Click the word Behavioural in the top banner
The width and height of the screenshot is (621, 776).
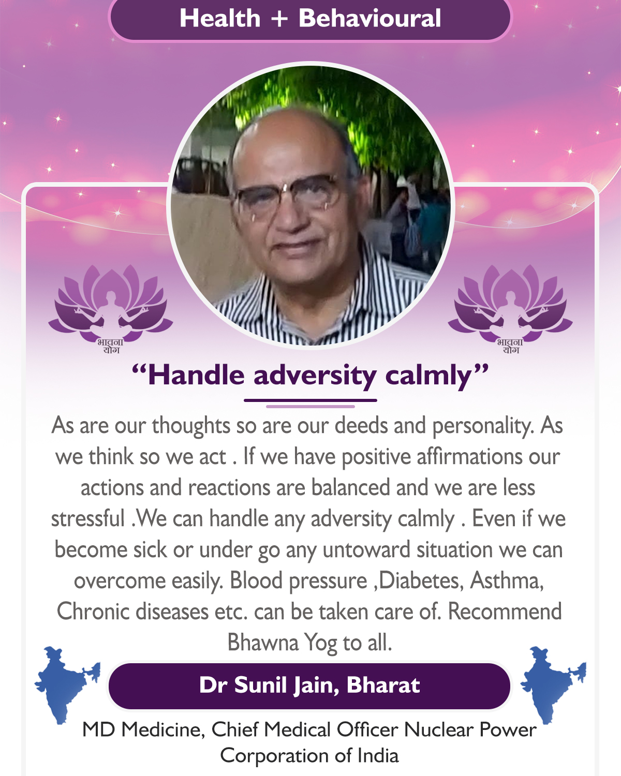[x=369, y=18]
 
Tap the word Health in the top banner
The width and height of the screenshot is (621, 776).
[x=220, y=18]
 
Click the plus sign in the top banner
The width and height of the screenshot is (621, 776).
[x=279, y=19]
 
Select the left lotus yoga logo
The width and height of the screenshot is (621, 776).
[x=110, y=309]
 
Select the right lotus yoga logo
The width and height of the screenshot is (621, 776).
[x=510, y=309]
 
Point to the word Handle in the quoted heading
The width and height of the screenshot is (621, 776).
[x=196, y=375]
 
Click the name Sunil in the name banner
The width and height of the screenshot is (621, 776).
[x=260, y=684]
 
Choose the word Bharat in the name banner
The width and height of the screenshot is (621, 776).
[x=383, y=684]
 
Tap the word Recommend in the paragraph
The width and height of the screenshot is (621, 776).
[x=505, y=611]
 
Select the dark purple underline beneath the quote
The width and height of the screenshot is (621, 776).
[x=310, y=400]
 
